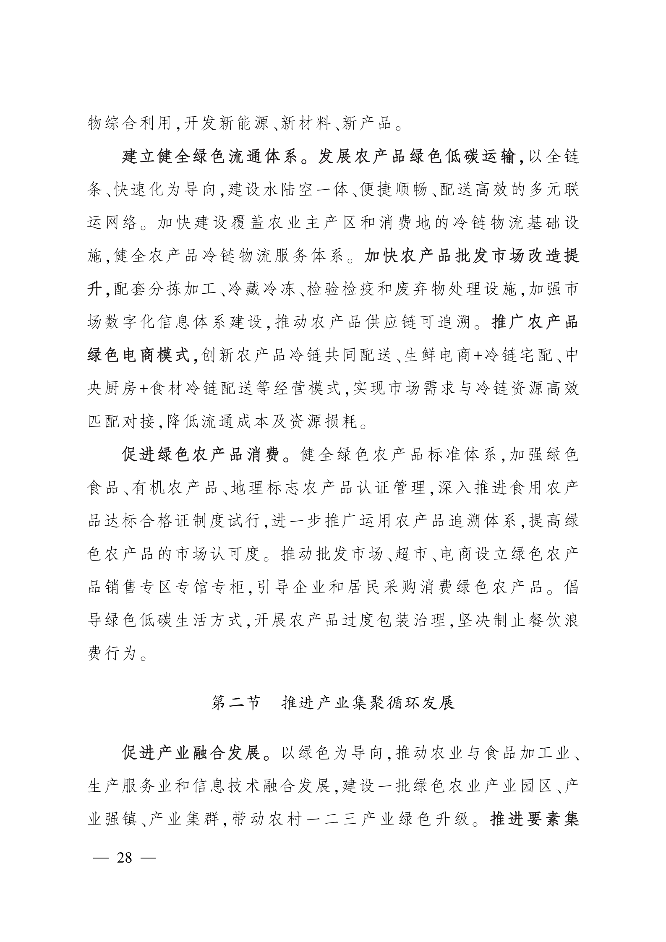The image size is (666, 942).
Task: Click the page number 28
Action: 125,857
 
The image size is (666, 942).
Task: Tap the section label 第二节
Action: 236,702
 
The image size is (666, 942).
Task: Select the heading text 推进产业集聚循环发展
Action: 368,702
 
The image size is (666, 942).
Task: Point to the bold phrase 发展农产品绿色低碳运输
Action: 417,157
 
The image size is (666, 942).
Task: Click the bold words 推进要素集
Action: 535,819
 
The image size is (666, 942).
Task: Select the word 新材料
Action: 306,124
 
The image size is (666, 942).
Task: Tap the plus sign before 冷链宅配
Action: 477,356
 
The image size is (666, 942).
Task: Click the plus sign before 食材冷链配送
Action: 143,389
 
